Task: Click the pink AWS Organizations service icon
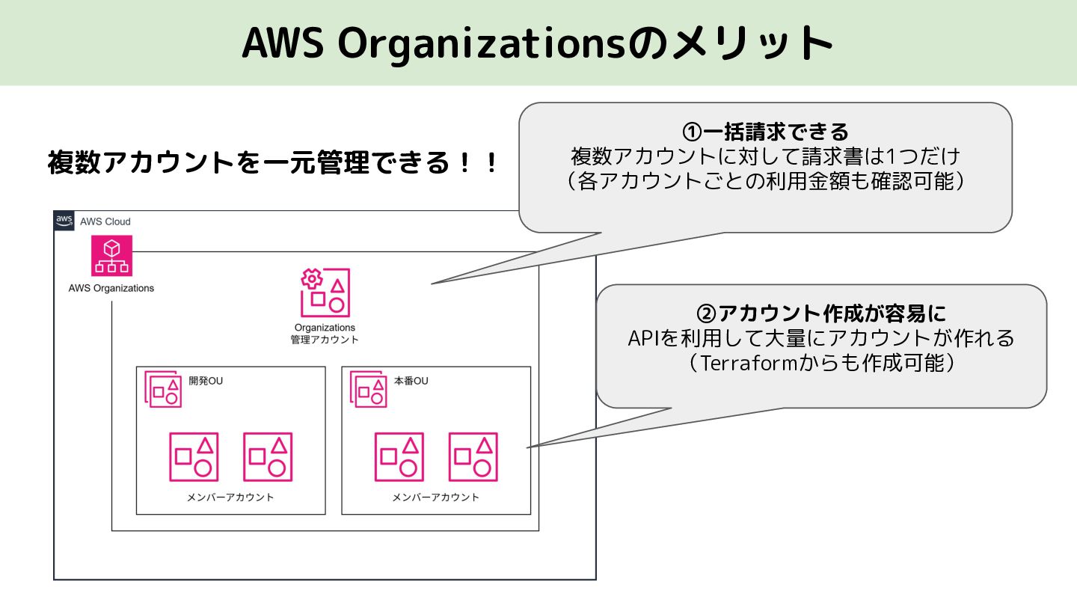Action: (x=111, y=255)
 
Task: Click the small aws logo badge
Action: (x=64, y=221)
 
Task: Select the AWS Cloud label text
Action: (x=105, y=221)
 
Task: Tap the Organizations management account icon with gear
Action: (x=325, y=293)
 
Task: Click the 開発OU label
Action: (x=206, y=381)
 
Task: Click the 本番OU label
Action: (x=411, y=381)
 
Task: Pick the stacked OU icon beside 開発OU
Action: (x=163, y=389)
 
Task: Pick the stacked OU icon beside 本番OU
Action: (x=368, y=389)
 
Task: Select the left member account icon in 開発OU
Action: (x=194, y=457)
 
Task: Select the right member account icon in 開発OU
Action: (x=268, y=457)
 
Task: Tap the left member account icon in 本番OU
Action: (x=399, y=457)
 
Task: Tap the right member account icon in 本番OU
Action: (x=473, y=457)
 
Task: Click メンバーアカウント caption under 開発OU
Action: (x=230, y=498)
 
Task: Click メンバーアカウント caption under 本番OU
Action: (x=435, y=498)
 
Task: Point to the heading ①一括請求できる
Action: (x=765, y=132)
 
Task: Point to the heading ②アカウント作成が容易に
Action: (x=821, y=313)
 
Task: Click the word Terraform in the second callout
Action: (x=749, y=363)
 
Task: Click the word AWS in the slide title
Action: (x=283, y=43)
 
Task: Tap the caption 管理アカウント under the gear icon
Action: (x=325, y=340)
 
